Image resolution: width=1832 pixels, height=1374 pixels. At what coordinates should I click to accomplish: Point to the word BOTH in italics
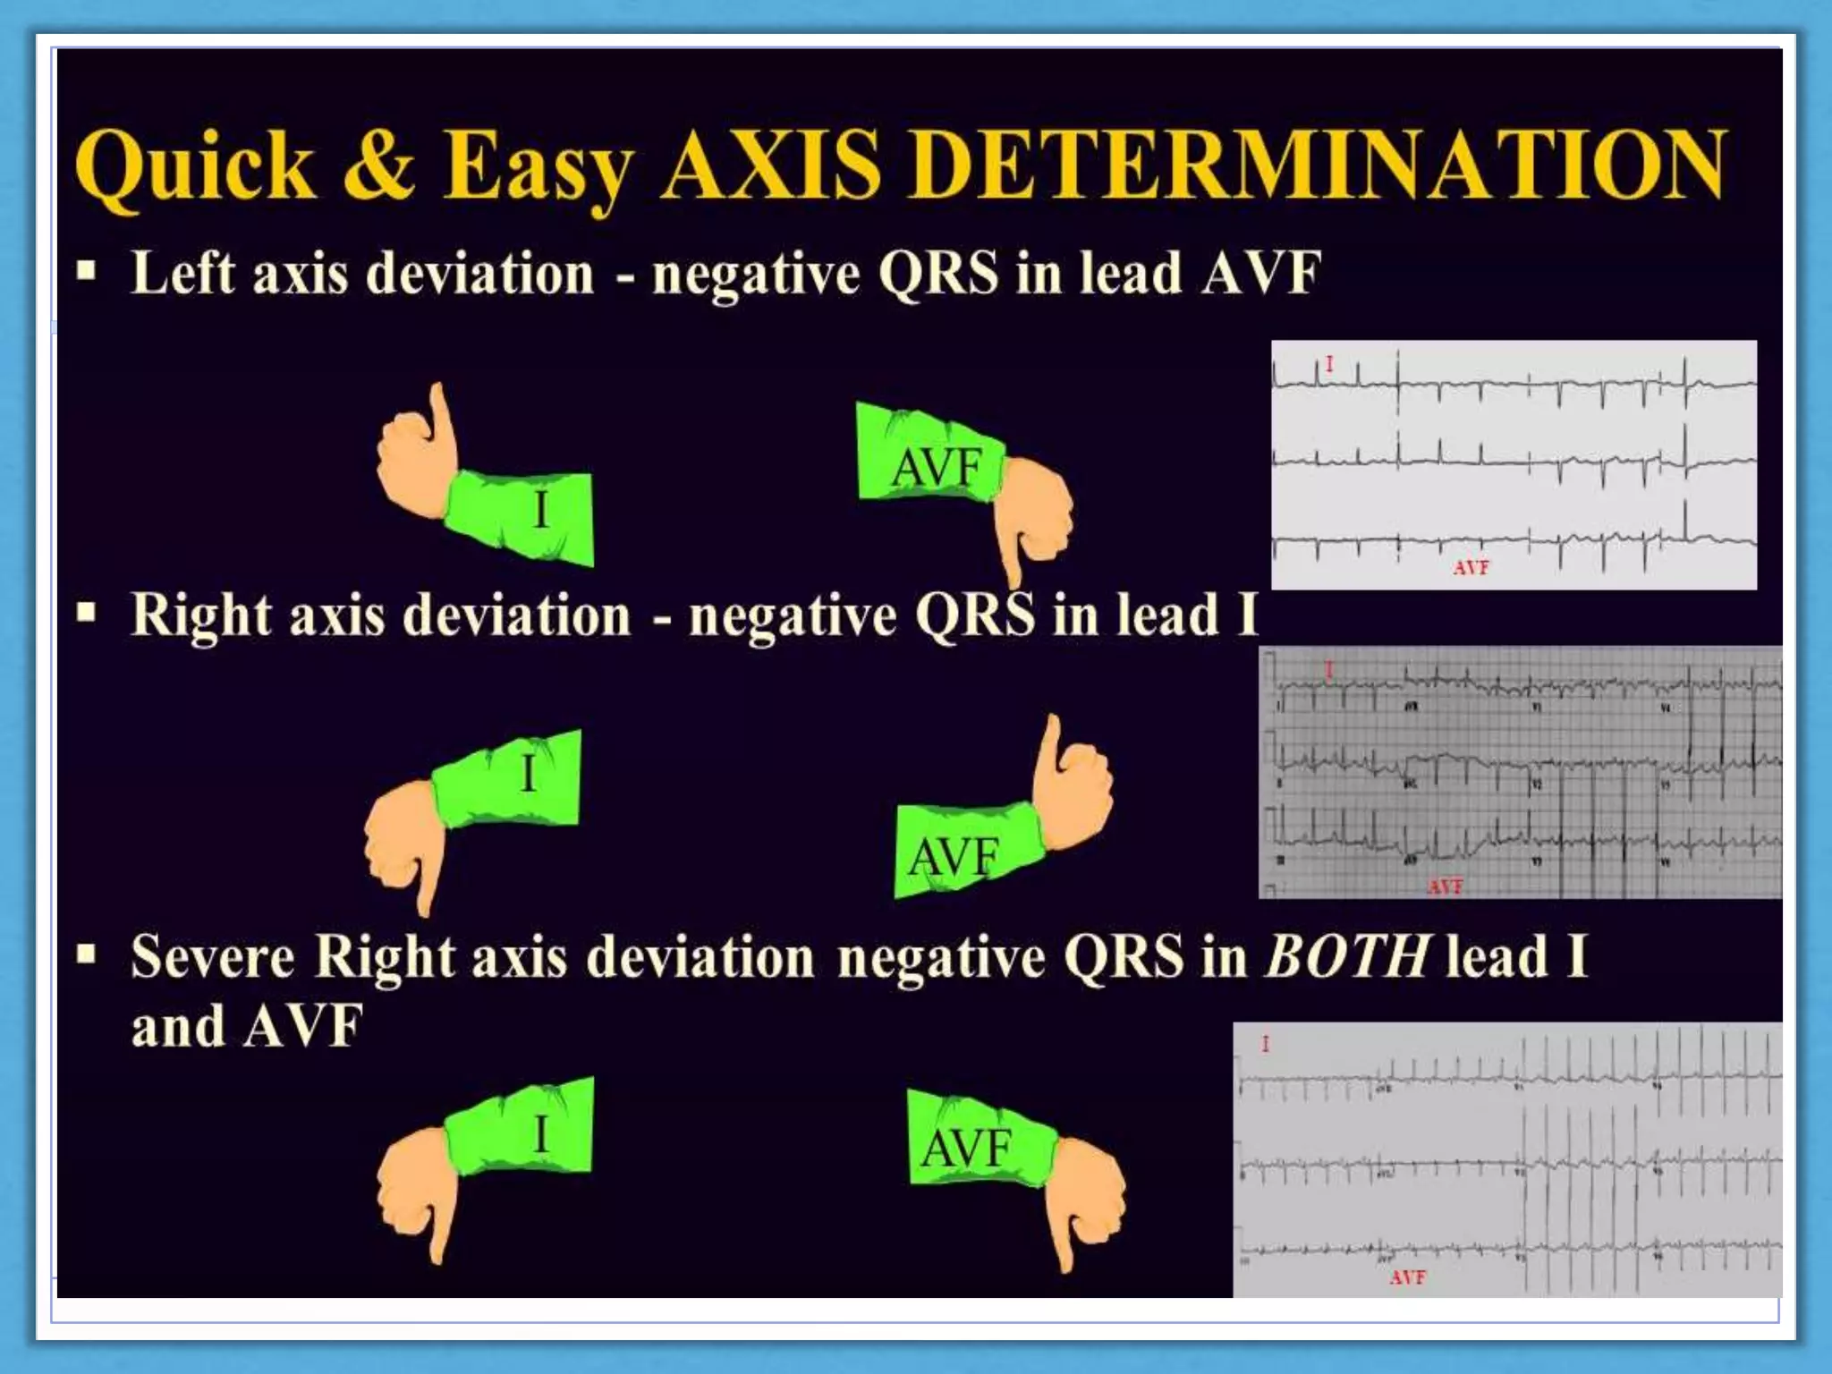coord(1346,956)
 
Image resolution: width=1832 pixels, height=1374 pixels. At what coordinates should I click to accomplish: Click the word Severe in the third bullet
coord(212,957)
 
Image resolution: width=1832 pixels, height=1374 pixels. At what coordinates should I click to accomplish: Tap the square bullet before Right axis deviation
coord(86,613)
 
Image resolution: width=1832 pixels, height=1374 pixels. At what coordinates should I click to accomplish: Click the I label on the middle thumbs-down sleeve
coord(528,774)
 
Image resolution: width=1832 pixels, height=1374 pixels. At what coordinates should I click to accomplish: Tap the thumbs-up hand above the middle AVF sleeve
coord(1073,783)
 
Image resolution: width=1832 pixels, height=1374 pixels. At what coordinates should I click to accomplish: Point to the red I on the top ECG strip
coord(1329,364)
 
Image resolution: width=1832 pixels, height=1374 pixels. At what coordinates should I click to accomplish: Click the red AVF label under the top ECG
coord(1471,567)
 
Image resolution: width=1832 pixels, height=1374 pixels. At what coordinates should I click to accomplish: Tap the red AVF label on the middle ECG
coord(1445,886)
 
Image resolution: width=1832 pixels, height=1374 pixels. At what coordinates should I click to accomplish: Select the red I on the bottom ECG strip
coord(1265,1044)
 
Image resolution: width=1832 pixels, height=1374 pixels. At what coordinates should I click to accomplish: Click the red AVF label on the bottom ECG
coord(1407,1277)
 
